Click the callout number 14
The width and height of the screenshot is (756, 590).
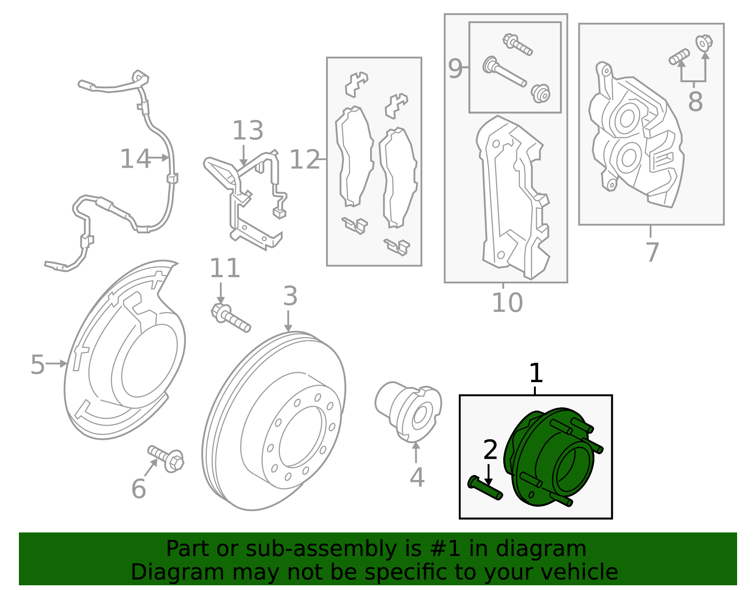pyautogui.click(x=135, y=159)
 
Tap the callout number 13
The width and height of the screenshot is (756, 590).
pyautogui.click(x=248, y=130)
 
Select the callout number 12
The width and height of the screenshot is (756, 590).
pyautogui.click(x=304, y=160)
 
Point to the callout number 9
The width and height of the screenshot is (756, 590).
pyautogui.click(x=455, y=68)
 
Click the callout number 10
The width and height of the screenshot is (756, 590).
pyautogui.click(x=507, y=302)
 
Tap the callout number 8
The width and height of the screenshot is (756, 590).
pyautogui.click(x=696, y=102)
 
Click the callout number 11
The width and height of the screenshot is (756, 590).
pyautogui.click(x=225, y=268)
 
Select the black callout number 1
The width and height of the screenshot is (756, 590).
pyautogui.click(x=536, y=373)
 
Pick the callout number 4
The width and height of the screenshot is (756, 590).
pyautogui.click(x=417, y=478)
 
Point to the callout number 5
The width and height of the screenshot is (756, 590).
pyautogui.click(x=38, y=365)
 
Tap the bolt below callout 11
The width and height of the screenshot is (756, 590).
pyautogui.click(x=230, y=318)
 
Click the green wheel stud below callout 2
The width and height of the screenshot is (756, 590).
pyautogui.click(x=485, y=488)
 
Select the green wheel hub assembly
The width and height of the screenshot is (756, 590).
pyautogui.click(x=553, y=457)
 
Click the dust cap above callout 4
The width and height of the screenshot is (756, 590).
pyautogui.click(x=408, y=411)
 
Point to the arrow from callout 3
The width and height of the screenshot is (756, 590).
pyautogui.click(x=288, y=321)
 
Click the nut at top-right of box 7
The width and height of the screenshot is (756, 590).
pyautogui.click(x=704, y=43)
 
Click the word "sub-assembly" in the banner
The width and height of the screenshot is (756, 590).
pyautogui.click(x=321, y=548)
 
